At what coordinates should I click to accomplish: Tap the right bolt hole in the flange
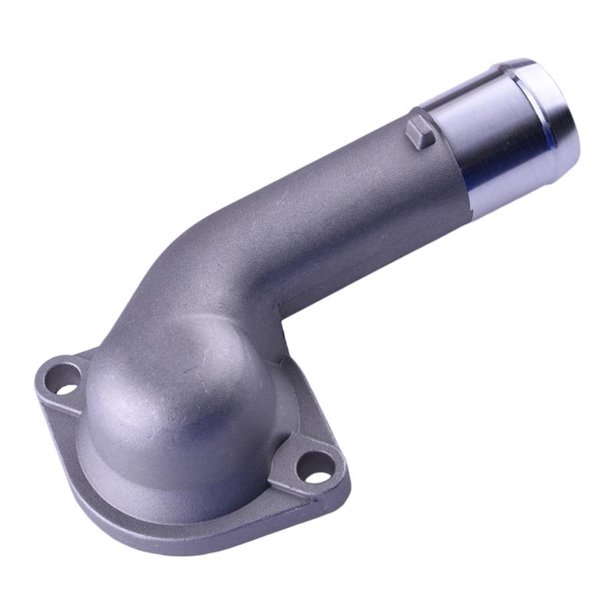pyautogui.click(x=316, y=465)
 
